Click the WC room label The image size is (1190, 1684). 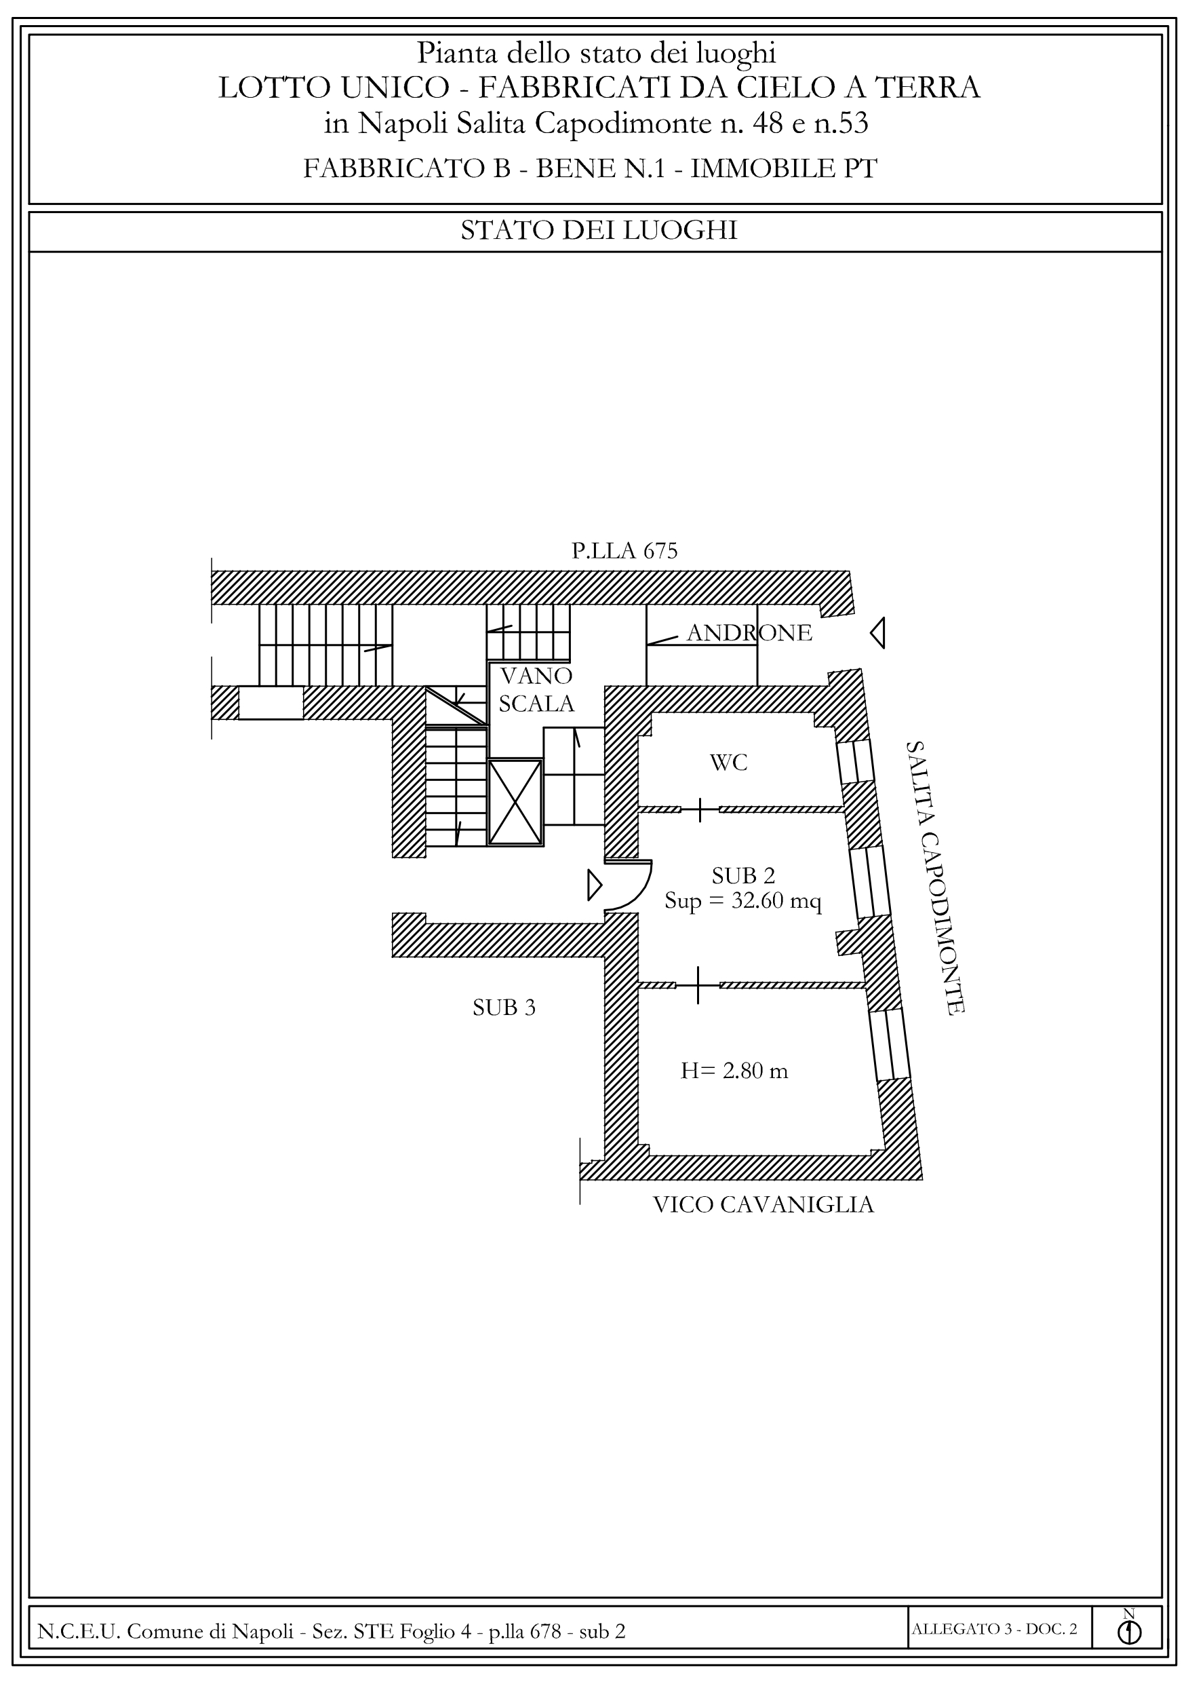pyautogui.click(x=728, y=763)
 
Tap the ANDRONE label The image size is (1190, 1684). pyautogui.click(x=749, y=633)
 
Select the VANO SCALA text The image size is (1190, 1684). pyautogui.click(x=536, y=689)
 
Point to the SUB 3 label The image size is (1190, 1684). pyautogui.click(x=504, y=1008)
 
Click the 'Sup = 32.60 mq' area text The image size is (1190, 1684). pyautogui.click(x=742, y=900)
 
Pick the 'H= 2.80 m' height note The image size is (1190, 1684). pyautogui.click(x=734, y=1071)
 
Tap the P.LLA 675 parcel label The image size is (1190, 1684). pyautogui.click(x=624, y=551)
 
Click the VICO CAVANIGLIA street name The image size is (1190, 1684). pyautogui.click(x=763, y=1205)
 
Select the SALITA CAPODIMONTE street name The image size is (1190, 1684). pyautogui.click(x=934, y=877)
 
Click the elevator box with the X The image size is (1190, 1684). pyautogui.click(x=515, y=803)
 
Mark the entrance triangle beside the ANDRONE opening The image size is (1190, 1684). pyautogui.click(x=877, y=633)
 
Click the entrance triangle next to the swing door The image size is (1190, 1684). pyautogui.click(x=595, y=885)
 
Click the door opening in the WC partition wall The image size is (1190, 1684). pyautogui.click(x=700, y=809)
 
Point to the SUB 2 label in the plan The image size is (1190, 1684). pyautogui.click(x=743, y=876)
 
